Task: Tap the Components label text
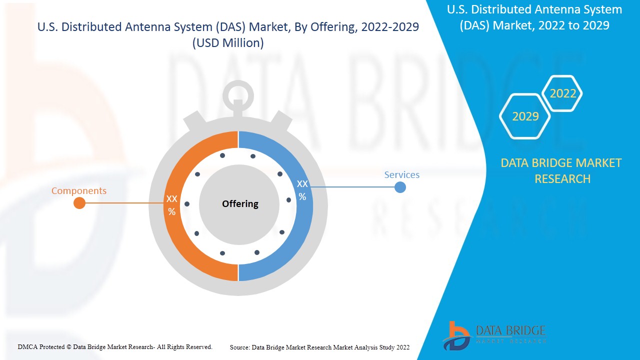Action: (x=79, y=190)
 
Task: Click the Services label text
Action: (x=401, y=174)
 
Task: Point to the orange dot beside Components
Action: (x=79, y=203)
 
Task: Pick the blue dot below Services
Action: (x=400, y=187)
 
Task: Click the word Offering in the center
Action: (x=240, y=203)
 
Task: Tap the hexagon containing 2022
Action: (x=563, y=93)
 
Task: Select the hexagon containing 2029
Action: (x=525, y=116)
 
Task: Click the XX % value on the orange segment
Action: (x=171, y=205)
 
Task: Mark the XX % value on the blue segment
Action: (x=302, y=190)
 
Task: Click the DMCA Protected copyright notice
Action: (x=115, y=346)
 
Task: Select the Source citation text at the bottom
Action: (x=319, y=347)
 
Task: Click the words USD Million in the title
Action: (x=228, y=43)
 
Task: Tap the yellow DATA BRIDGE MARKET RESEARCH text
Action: (x=561, y=170)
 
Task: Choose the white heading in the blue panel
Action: (x=534, y=17)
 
